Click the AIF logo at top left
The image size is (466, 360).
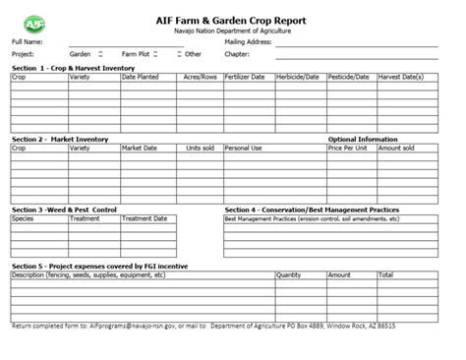pos(36,22)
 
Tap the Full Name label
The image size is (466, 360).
pos(27,43)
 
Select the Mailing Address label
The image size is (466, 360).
pos(248,43)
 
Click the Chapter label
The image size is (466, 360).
pos(238,54)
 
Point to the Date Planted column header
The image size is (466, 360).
pos(141,77)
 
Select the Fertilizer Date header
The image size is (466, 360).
pos(245,77)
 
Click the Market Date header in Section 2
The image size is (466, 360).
pos(140,148)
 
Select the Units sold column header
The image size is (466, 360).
pos(202,148)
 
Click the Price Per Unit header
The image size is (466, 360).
pos(348,148)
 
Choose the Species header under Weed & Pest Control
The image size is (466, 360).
pos(23,218)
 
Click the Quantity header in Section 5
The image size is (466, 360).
pos(289,275)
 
